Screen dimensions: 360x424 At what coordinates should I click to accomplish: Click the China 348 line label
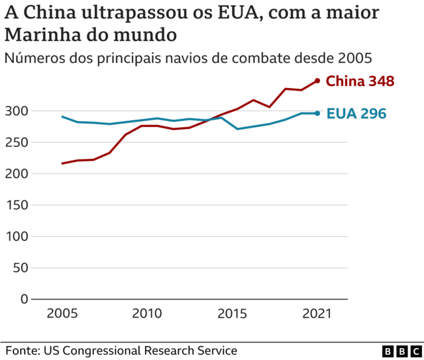(x=361, y=81)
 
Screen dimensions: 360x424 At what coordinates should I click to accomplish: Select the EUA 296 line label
(x=356, y=114)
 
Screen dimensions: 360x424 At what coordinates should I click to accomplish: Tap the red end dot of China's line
(x=317, y=81)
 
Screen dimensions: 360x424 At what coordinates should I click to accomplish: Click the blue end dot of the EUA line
(x=317, y=113)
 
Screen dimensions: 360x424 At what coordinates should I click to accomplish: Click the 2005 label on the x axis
(x=62, y=312)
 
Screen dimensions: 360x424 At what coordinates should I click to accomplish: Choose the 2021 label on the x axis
(x=317, y=312)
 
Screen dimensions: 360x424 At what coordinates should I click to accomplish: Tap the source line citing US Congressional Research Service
(x=121, y=350)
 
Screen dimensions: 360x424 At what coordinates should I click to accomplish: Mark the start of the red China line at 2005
(x=62, y=163)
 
